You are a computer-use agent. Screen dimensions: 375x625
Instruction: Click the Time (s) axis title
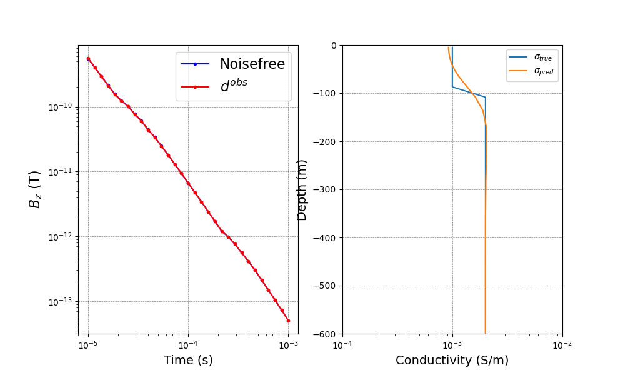tap(188, 361)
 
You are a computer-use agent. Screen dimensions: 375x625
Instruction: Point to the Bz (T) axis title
tap(35, 189)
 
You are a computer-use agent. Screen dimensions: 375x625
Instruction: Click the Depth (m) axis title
tap(302, 189)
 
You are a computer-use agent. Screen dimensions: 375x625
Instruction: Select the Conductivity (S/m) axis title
tap(452, 361)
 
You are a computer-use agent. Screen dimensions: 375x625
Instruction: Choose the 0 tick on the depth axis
tap(334, 46)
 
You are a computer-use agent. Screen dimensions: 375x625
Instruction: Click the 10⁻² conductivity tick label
tap(562, 344)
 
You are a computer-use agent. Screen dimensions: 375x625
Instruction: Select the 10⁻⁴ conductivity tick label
tap(342, 344)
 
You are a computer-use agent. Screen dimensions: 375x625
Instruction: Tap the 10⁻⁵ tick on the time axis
tap(88, 344)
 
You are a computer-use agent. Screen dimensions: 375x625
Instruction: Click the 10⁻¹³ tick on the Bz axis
tap(62, 302)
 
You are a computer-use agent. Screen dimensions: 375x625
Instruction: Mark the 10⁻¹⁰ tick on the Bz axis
tap(62, 107)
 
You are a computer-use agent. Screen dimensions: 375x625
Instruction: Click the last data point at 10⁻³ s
tap(288, 321)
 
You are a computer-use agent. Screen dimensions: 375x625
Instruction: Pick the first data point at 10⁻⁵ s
tap(88, 59)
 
